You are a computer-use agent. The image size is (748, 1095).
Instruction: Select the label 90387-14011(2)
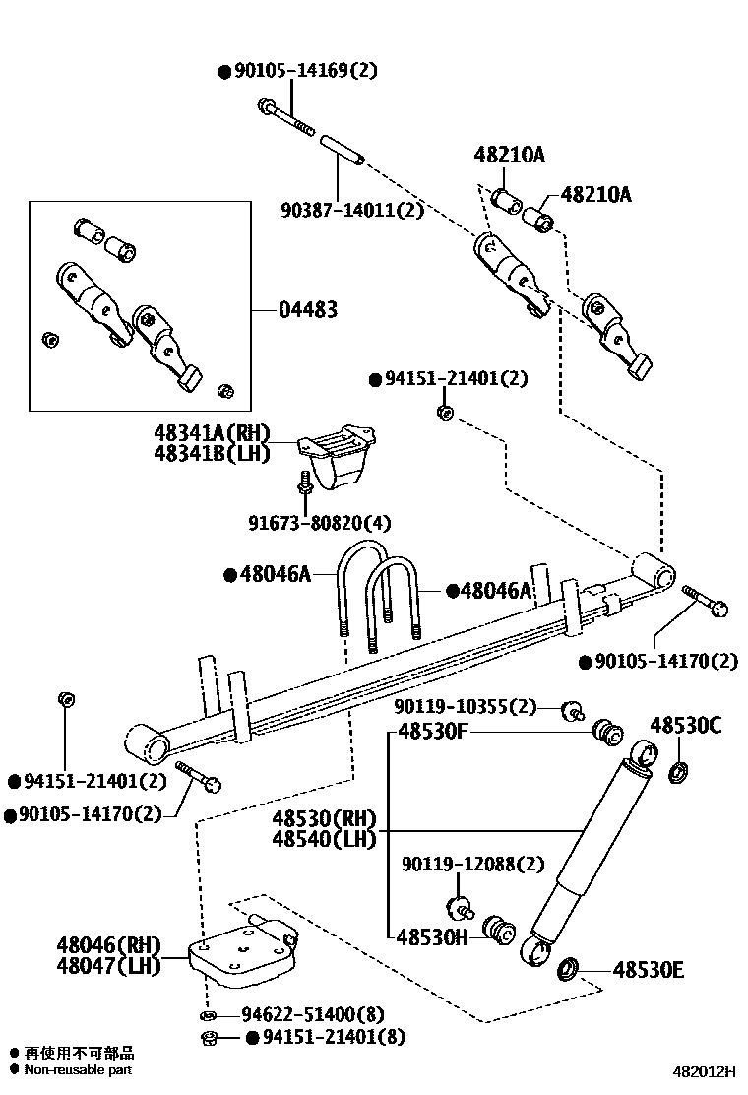tap(351, 210)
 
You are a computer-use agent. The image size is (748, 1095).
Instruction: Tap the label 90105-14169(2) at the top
tap(305, 71)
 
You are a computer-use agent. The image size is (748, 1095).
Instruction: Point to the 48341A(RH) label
tap(212, 433)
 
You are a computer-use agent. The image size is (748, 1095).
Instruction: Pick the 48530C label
tap(685, 726)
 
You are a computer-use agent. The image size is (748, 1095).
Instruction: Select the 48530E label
tap(648, 970)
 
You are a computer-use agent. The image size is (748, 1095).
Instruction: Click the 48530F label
tap(433, 732)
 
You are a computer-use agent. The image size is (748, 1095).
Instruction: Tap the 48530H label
tap(432, 938)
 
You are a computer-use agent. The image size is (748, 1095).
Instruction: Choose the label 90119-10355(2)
tap(466, 706)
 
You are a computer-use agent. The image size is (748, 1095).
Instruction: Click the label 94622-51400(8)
tap(312, 1014)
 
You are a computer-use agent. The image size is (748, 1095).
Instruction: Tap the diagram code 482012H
tap(705, 1070)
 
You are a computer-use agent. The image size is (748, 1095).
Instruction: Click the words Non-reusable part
tap(78, 1070)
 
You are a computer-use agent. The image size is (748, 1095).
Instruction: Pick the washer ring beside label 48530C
tap(678, 771)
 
